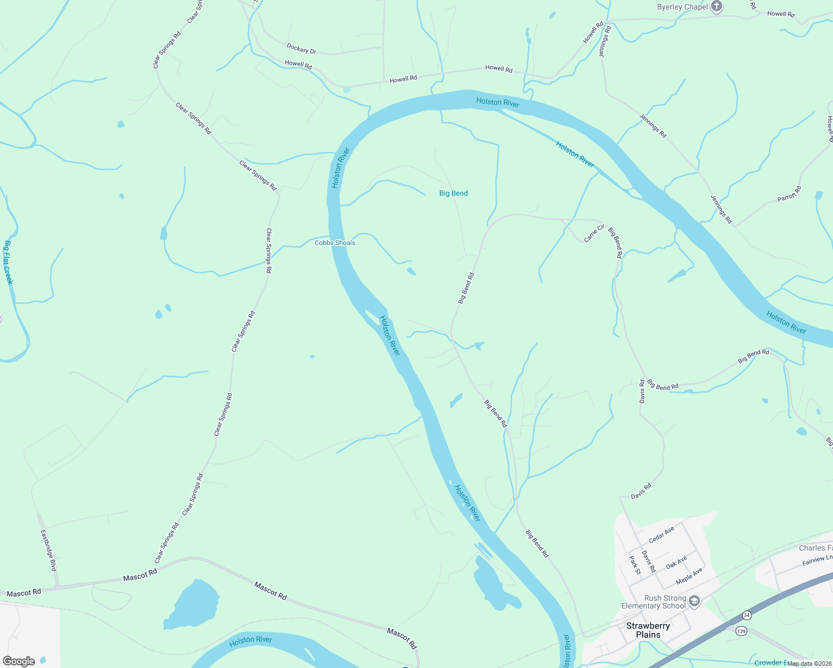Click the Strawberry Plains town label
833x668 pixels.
pyautogui.click(x=648, y=630)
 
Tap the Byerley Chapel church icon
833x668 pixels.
pyautogui.click(x=717, y=7)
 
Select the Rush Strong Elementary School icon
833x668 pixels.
pyautogui.click(x=694, y=601)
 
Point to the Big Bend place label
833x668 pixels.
pyautogui.click(x=453, y=193)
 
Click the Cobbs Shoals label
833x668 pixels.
pyautogui.click(x=335, y=243)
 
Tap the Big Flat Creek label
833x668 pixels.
pyautogui.click(x=8, y=262)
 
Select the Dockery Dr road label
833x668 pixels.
pyautogui.click(x=301, y=49)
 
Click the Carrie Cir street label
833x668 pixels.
pyautogui.click(x=594, y=233)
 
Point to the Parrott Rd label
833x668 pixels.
pyautogui.click(x=789, y=194)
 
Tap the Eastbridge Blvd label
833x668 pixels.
pyautogui.click(x=49, y=550)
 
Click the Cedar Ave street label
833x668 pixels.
pyautogui.click(x=661, y=535)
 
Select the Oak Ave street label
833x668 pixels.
pyautogui.click(x=677, y=562)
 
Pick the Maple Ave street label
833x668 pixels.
pyautogui.click(x=689, y=576)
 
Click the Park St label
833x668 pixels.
pyautogui.click(x=635, y=565)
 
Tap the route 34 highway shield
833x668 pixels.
pyautogui.click(x=747, y=615)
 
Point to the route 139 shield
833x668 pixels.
pyautogui.click(x=741, y=631)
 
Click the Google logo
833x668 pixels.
pyautogui.click(x=19, y=661)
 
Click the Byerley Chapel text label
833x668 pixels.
pyautogui.click(x=682, y=7)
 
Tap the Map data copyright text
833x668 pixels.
pyautogui.click(x=808, y=664)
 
